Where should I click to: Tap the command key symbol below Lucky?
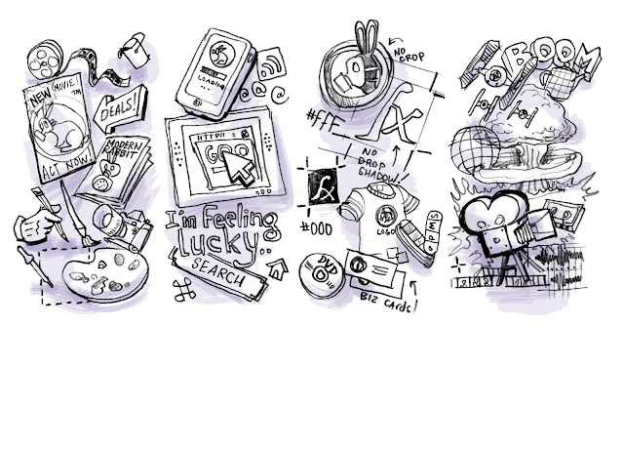[178, 286]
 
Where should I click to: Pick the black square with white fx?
[323, 185]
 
